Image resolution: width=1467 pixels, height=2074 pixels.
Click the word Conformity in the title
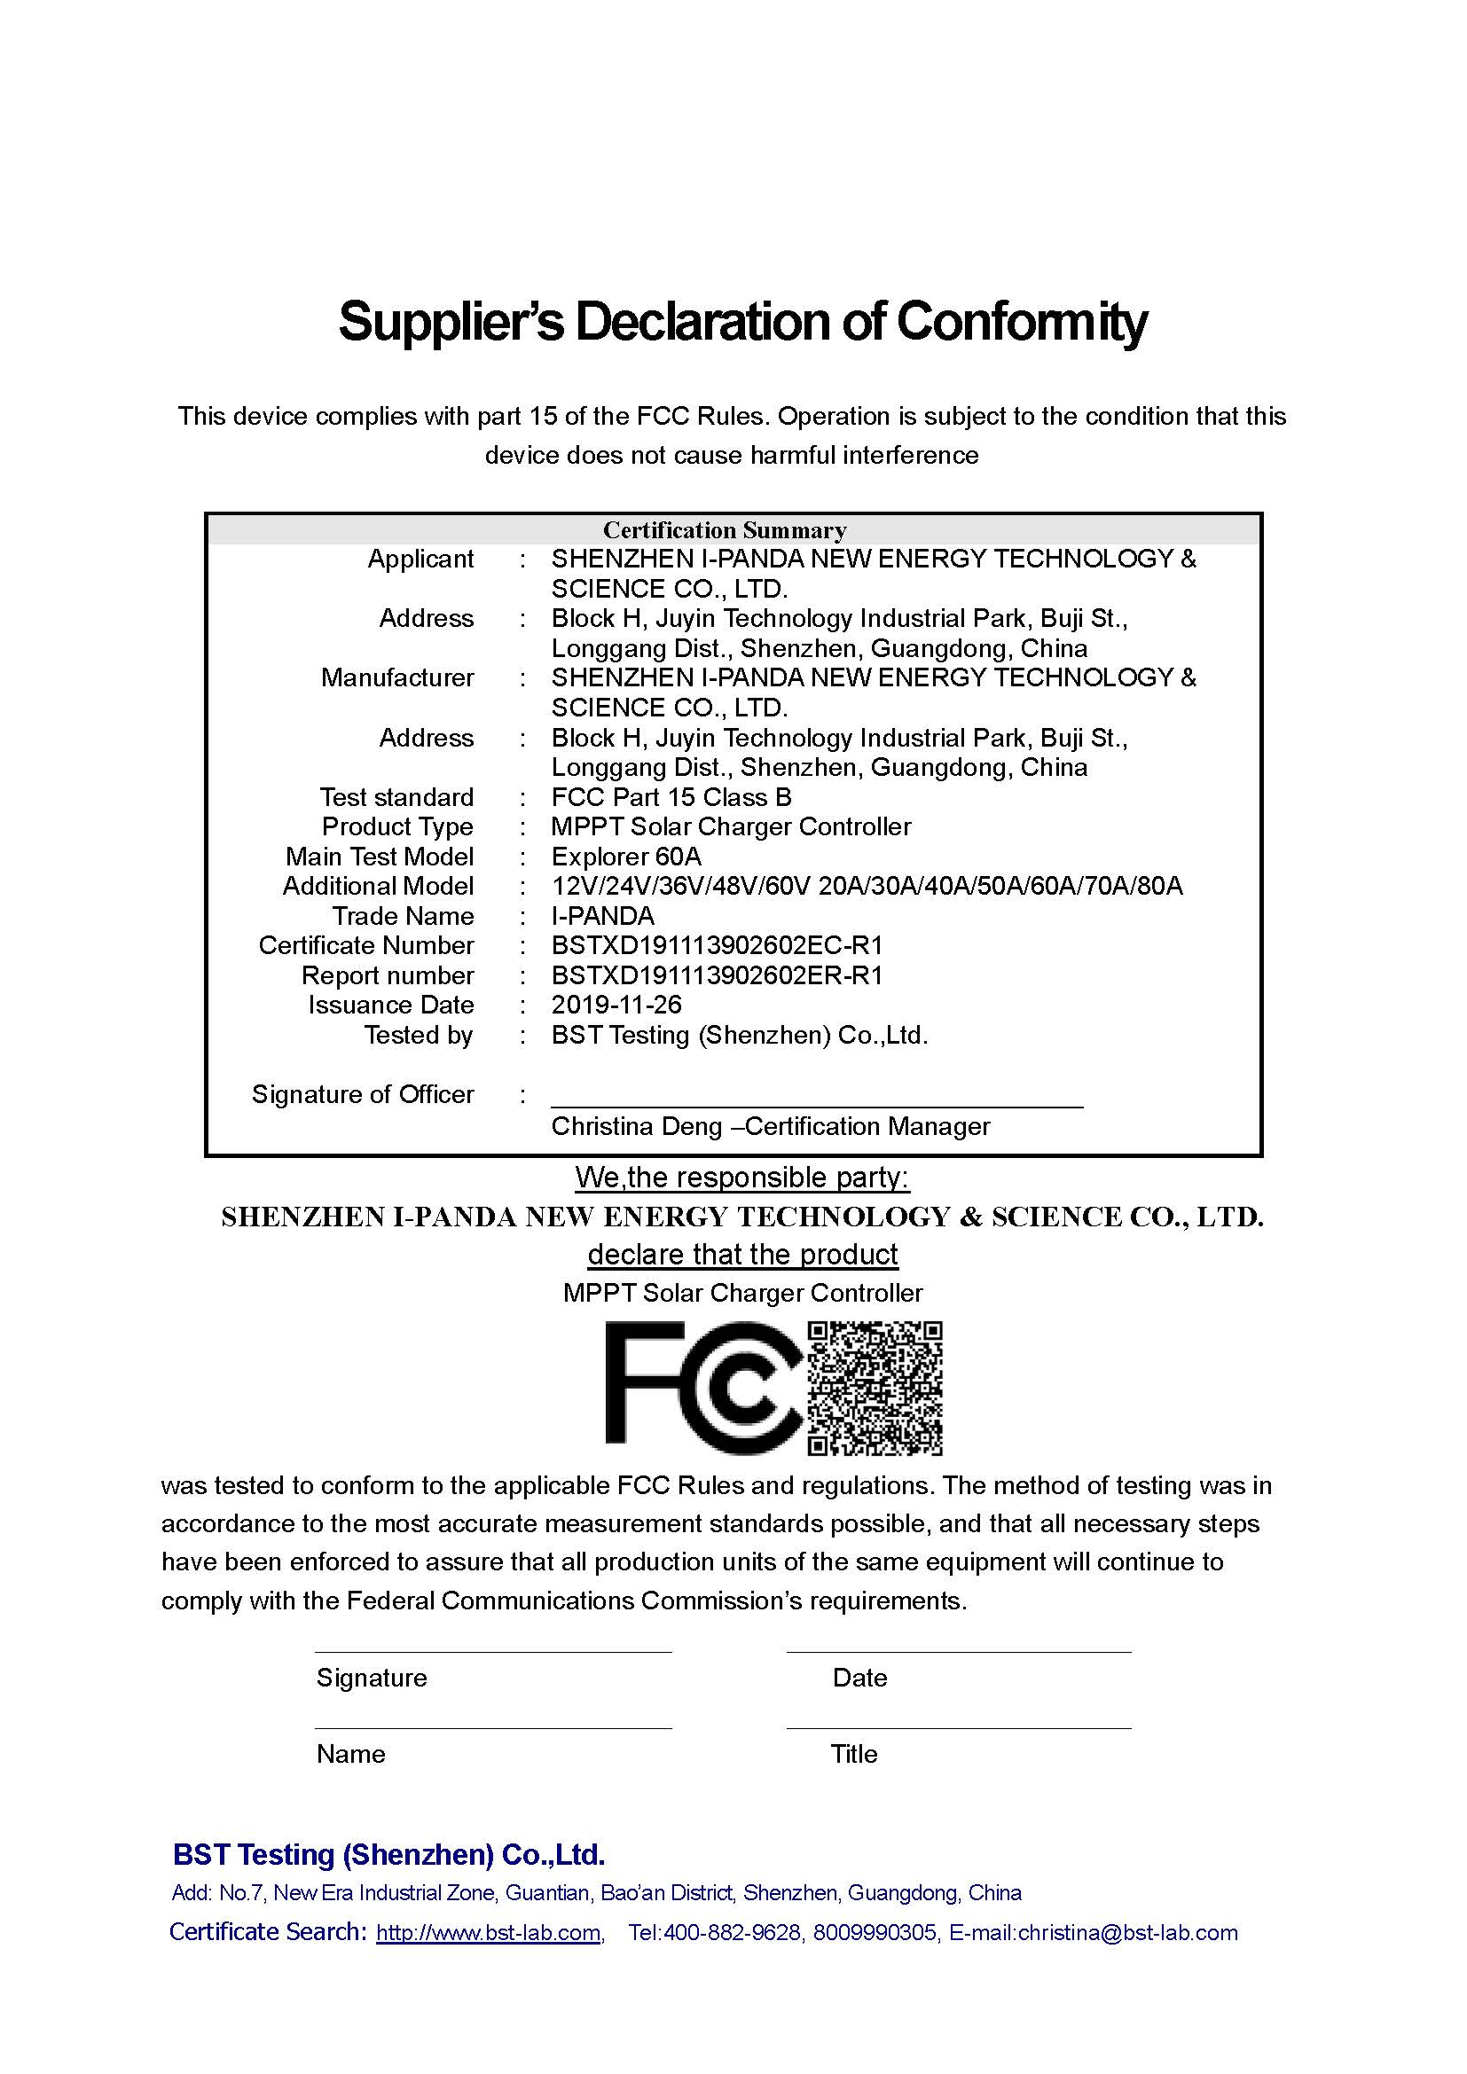(1021, 321)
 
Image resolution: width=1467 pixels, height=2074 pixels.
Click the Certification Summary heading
(725, 530)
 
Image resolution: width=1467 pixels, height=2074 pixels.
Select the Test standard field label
(396, 797)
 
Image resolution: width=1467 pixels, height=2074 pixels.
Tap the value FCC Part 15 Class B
(671, 797)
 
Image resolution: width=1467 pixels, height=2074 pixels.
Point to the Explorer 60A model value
(626, 857)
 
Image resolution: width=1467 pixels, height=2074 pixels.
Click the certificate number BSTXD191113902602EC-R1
(718, 945)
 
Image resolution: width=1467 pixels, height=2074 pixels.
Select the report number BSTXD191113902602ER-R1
(718, 975)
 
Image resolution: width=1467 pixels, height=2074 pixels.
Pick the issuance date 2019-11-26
(616, 1005)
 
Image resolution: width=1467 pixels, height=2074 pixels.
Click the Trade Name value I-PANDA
(602, 916)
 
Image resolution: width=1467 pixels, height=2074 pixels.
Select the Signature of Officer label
(362, 1094)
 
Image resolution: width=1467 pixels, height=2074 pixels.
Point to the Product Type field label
(397, 826)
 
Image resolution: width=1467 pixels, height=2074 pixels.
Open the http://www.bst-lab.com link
(489, 1933)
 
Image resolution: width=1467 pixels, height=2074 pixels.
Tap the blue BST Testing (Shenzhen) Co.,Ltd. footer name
(388, 1854)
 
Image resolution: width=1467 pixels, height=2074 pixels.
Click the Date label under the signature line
(859, 1678)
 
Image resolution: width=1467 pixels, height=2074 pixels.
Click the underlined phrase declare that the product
(742, 1254)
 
